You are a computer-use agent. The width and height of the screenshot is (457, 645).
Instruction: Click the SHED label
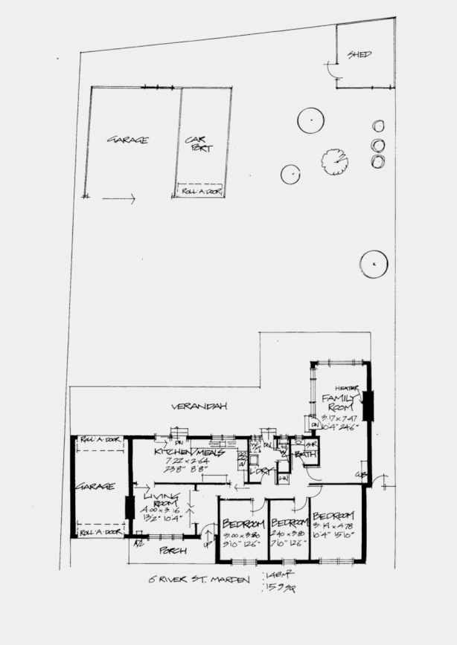click(x=359, y=55)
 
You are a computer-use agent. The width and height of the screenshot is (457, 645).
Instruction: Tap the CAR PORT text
click(x=198, y=143)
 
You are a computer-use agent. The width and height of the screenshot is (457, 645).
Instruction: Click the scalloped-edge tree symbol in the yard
click(x=334, y=160)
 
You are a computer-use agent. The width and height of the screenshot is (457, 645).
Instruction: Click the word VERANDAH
click(x=199, y=406)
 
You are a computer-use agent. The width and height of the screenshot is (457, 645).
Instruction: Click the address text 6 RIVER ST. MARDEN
click(x=197, y=580)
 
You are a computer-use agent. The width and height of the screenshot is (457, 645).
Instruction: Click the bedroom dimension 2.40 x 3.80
click(x=288, y=533)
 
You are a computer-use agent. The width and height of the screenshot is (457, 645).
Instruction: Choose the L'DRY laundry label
click(x=261, y=471)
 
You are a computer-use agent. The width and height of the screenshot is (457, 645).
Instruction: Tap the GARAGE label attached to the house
click(x=95, y=487)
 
